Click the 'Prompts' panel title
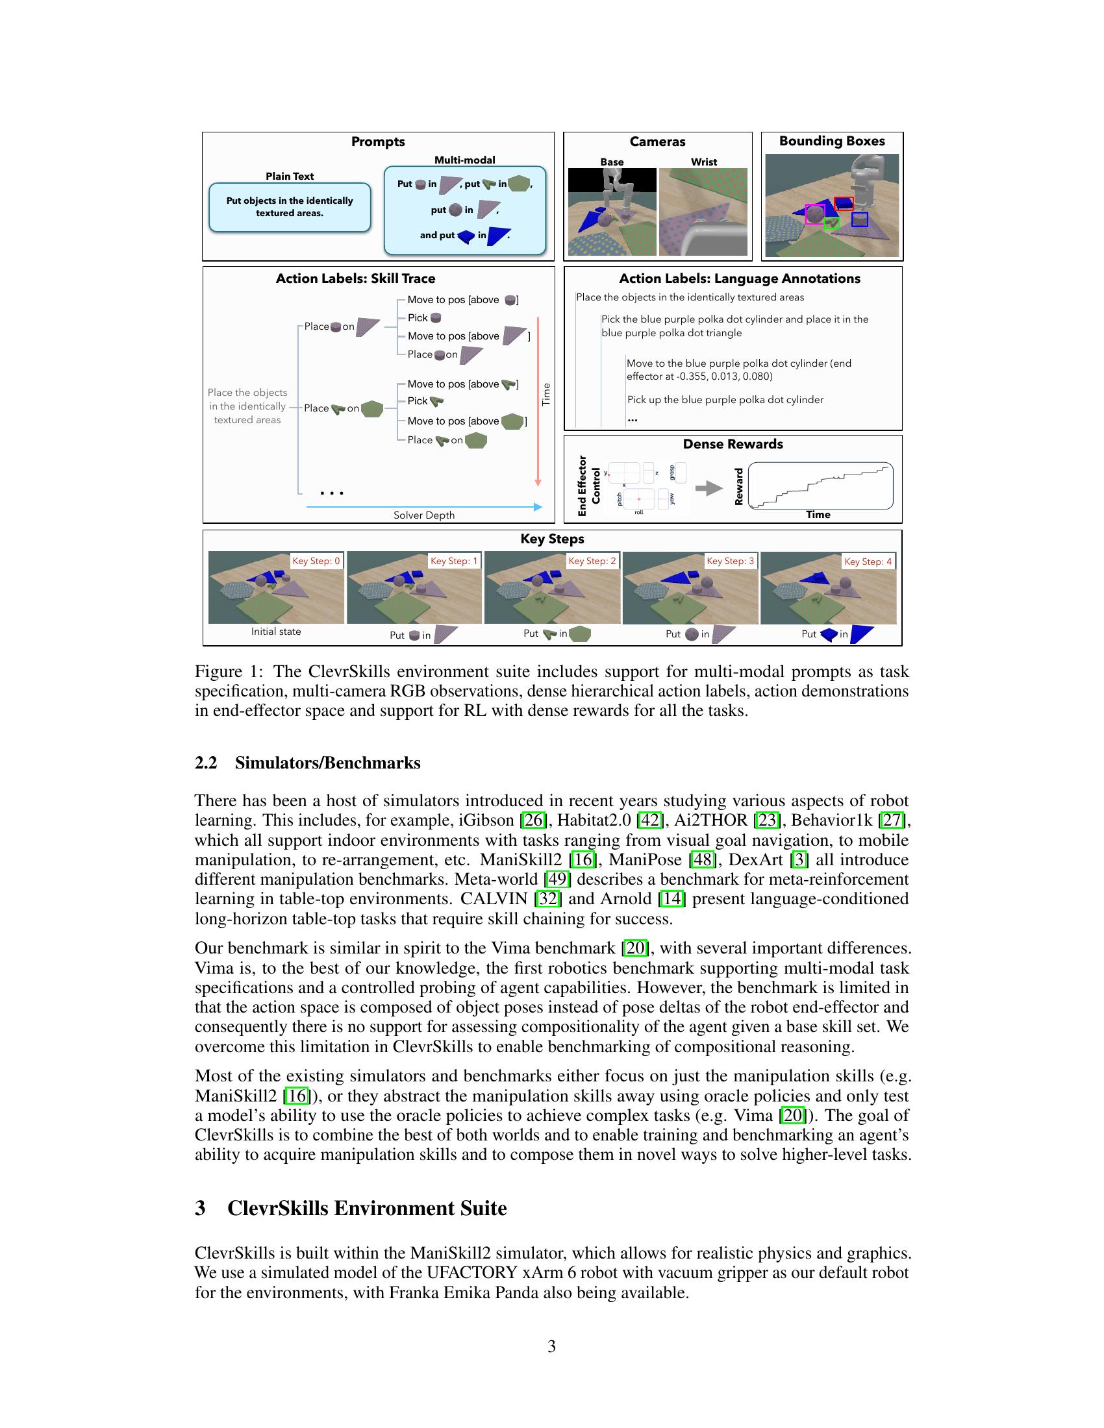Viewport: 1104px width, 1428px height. [x=377, y=142]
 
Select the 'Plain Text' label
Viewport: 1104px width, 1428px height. [x=289, y=176]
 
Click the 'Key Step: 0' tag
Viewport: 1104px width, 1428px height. [x=316, y=561]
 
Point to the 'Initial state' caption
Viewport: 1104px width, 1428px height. [x=276, y=632]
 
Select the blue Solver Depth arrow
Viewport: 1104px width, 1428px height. [x=424, y=506]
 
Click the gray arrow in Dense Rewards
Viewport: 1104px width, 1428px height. [x=709, y=487]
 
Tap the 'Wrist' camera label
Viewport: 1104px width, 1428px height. [x=704, y=162]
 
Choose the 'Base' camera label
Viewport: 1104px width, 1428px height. [x=612, y=162]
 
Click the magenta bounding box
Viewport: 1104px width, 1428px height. [x=814, y=214]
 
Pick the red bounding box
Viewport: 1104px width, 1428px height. [x=844, y=203]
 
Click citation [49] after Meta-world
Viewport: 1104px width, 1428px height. [x=558, y=880]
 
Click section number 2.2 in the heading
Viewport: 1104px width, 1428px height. [x=206, y=763]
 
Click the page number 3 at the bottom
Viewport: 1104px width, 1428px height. [x=551, y=1346]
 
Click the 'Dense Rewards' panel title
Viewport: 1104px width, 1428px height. [x=733, y=444]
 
